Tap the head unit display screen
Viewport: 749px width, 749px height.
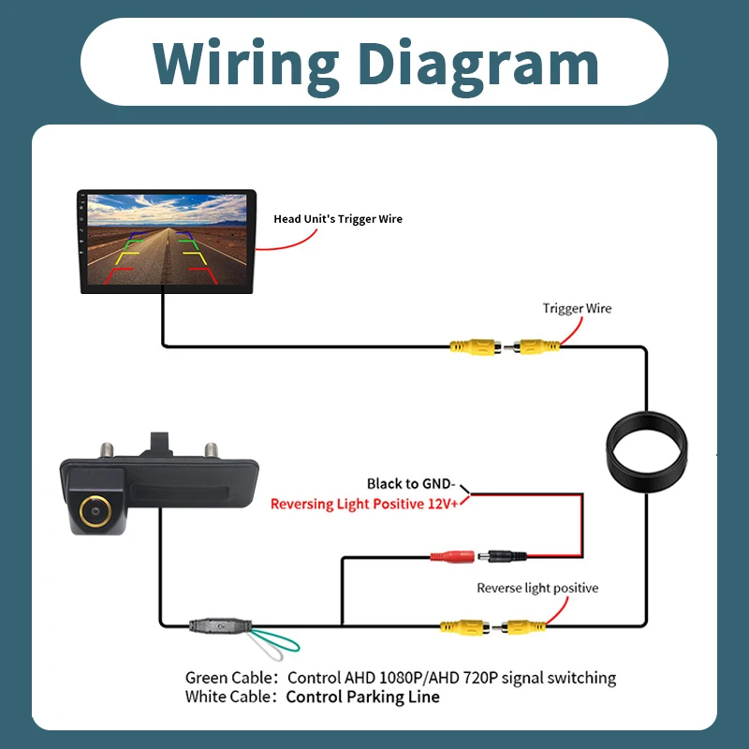click(167, 241)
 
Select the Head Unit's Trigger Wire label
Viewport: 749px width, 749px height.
click(338, 219)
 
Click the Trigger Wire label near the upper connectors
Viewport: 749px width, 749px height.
click(577, 308)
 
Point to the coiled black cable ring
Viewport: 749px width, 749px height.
click(609, 449)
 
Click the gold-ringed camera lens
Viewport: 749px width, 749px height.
click(95, 511)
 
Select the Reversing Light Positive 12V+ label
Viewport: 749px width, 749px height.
click(364, 504)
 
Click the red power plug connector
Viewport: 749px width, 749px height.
click(452, 556)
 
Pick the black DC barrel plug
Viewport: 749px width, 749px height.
click(502, 556)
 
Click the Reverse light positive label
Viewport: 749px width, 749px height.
click(537, 588)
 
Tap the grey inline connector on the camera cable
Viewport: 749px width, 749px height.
click(220, 625)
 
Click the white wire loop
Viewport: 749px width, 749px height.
click(264, 647)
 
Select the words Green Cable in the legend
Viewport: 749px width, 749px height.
click(228, 678)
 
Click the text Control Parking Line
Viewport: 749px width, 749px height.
click(362, 697)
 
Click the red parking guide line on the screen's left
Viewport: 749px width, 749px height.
click(118, 274)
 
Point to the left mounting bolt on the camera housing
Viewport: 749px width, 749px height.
click(107, 450)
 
